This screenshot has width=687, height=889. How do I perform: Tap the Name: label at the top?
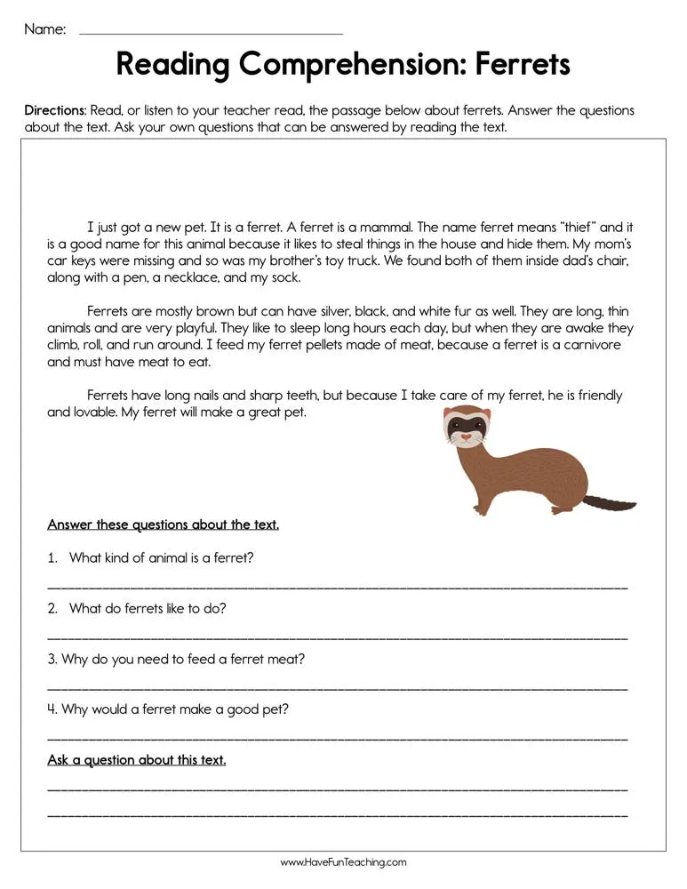click(44, 29)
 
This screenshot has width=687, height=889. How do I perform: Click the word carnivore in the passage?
click(590, 345)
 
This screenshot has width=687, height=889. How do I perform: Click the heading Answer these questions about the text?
click(163, 525)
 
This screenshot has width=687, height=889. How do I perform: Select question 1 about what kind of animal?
click(161, 558)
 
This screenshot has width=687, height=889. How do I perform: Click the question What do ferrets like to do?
click(147, 609)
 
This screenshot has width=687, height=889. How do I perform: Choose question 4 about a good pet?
click(168, 709)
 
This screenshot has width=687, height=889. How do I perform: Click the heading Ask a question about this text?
click(136, 760)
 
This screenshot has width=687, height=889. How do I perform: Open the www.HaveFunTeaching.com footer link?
click(343, 862)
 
